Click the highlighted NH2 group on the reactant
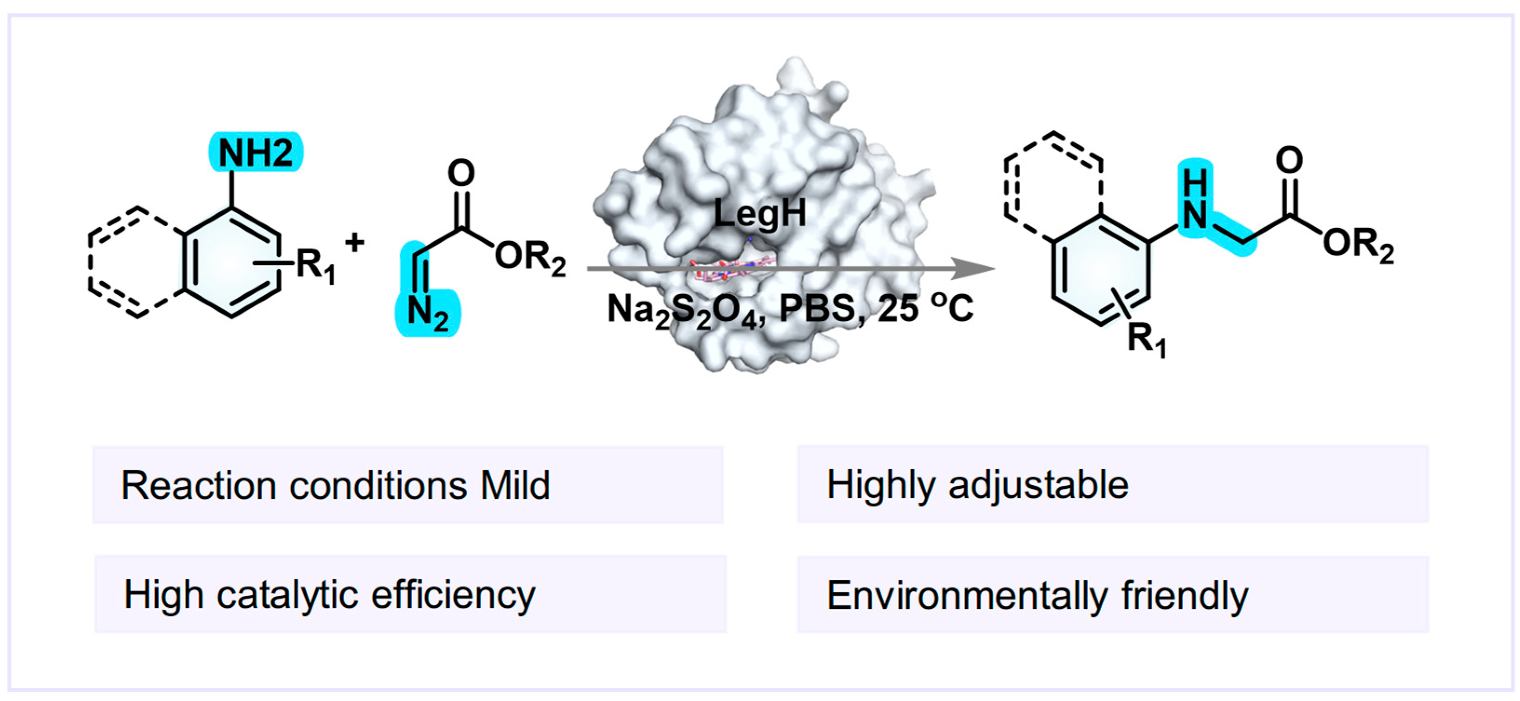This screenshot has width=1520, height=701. coord(256,153)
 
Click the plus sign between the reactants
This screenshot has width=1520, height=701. coord(355,242)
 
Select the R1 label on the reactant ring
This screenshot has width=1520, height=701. coord(315,265)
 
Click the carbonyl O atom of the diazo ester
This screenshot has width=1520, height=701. coord(461,173)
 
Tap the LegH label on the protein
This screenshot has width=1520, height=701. coord(760,213)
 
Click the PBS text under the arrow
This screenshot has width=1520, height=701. coord(818,309)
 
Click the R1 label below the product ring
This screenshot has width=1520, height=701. coord(1146,340)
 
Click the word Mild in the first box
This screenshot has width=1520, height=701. coord(515,485)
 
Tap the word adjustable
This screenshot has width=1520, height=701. coord(1038,485)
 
